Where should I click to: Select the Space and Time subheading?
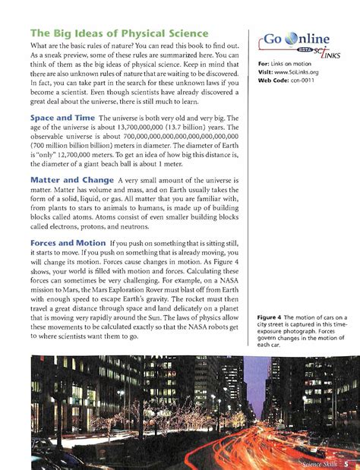pos(63,119)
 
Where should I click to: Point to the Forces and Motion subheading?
pos(67,243)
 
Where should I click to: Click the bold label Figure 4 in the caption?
pos(273,317)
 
